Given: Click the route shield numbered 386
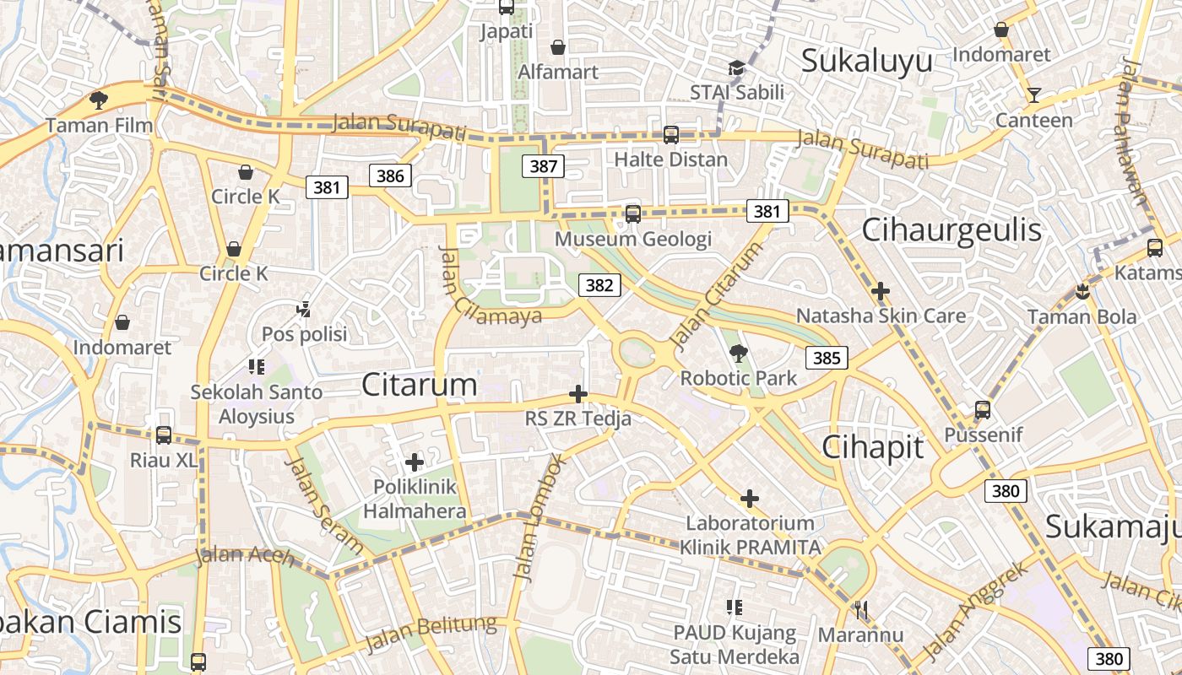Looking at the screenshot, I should tap(390, 175).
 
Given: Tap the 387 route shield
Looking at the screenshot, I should tap(543, 166).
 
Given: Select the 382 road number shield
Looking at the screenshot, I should tap(599, 285).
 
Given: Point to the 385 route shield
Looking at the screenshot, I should tap(827, 358).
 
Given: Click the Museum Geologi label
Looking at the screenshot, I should tap(633, 239).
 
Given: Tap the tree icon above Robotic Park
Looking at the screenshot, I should tap(739, 354).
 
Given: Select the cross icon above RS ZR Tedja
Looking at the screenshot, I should tap(578, 394).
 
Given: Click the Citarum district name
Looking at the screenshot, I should tap(420, 385).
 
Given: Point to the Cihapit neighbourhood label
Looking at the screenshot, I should tap(873, 447).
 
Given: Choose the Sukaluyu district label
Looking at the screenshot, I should tap(866, 61).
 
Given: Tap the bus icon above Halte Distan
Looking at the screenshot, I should tap(671, 134).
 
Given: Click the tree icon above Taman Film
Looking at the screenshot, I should tap(99, 100).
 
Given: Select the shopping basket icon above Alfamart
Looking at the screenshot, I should tap(557, 47).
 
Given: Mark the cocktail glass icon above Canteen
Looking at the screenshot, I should tap(1033, 94).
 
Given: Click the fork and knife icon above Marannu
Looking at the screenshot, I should tap(861, 610).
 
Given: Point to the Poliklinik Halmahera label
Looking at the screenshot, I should tap(415, 499).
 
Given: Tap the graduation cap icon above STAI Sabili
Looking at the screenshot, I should tap(737, 68).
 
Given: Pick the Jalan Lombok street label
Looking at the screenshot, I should tap(537, 517).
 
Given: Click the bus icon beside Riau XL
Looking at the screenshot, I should tap(164, 435).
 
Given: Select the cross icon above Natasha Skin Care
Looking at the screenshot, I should tap(881, 292).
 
